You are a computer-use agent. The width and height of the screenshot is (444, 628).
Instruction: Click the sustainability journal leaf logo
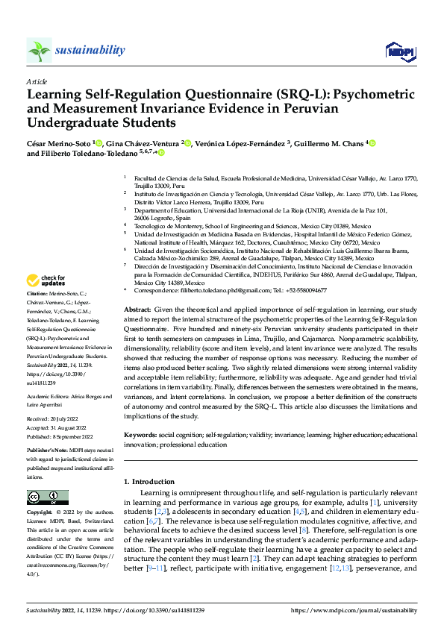[40, 51]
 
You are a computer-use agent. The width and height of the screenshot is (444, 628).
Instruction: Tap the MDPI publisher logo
[397, 51]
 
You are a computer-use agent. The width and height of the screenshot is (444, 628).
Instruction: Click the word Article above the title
[37, 81]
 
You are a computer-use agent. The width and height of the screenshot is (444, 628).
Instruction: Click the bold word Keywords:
[140, 434]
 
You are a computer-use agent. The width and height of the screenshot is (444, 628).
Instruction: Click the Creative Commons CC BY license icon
[48, 497]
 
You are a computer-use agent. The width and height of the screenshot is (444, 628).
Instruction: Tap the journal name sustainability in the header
[90, 50]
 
